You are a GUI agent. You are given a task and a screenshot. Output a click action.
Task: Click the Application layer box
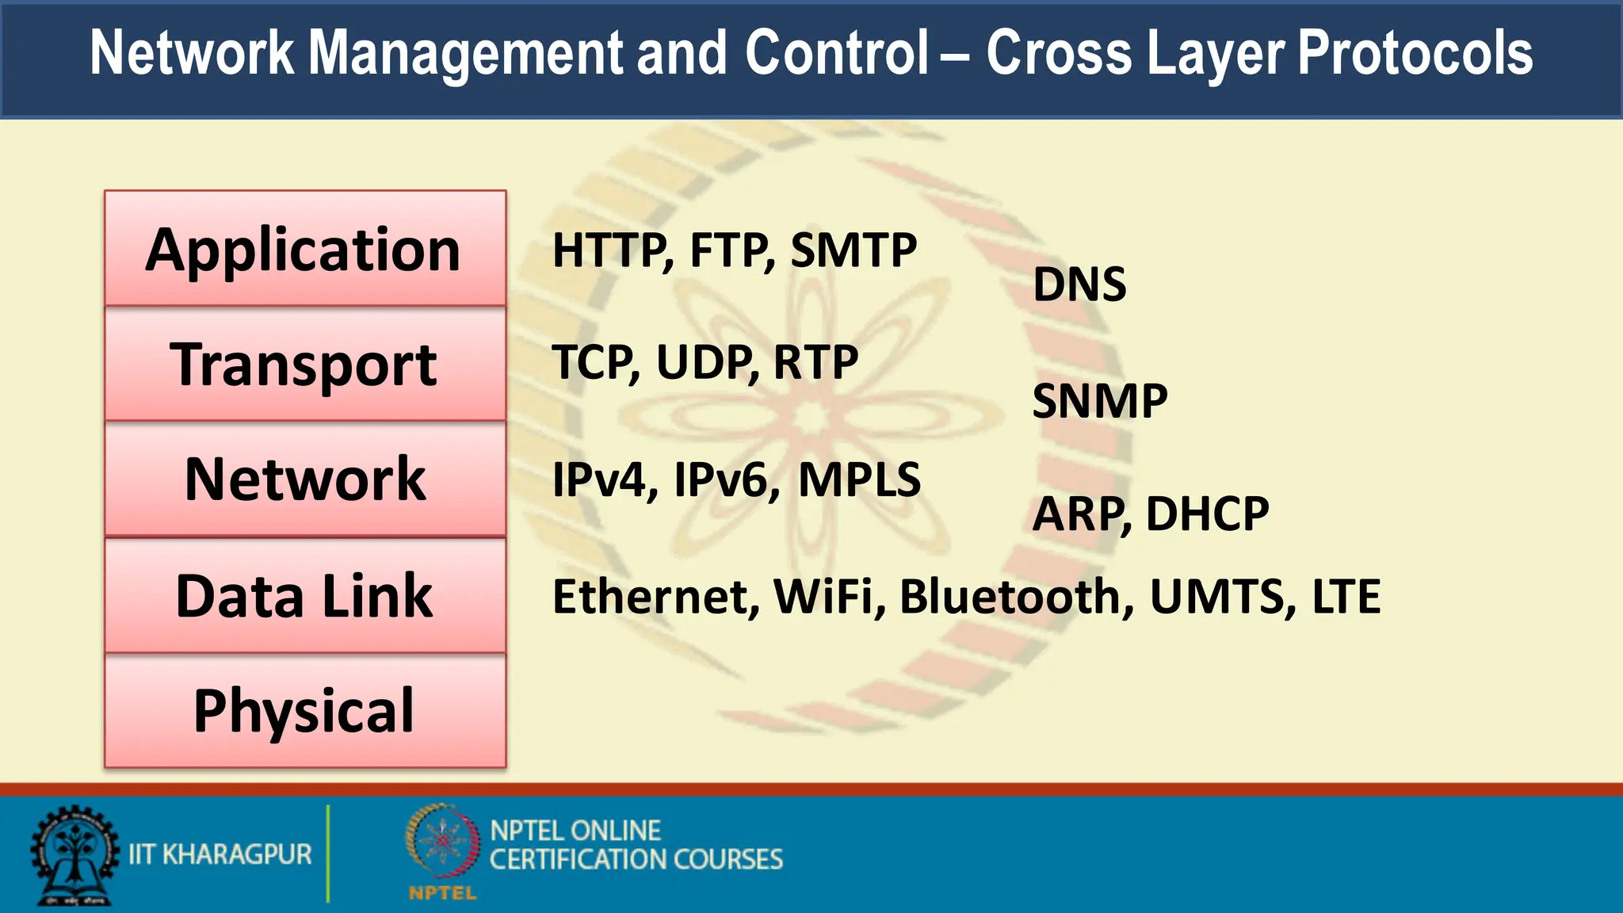(x=305, y=249)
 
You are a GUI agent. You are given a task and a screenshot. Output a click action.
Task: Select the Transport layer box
(x=305, y=364)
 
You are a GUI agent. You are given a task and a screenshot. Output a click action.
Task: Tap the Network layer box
(x=305, y=479)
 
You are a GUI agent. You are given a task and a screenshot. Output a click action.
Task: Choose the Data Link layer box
(x=305, y=596)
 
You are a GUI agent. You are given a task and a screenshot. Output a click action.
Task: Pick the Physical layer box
(x=305, y=711)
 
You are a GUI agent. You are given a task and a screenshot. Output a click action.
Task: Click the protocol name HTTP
(x=612, y=250)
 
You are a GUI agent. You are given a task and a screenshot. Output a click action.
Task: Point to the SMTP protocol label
(x=854, y=250)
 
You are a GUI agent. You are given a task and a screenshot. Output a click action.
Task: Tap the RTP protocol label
(x=815, y=362)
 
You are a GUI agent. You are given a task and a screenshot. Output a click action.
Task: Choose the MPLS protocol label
(x=859, y=479)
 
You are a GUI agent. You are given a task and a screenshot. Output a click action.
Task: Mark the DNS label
(x=1079, y=285)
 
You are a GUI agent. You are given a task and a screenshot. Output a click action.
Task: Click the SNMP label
(x=1100, y=401)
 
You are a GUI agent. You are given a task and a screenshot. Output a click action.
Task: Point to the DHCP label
(x=1207, y=514)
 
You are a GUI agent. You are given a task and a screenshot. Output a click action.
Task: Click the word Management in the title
(x=465, y=53)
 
